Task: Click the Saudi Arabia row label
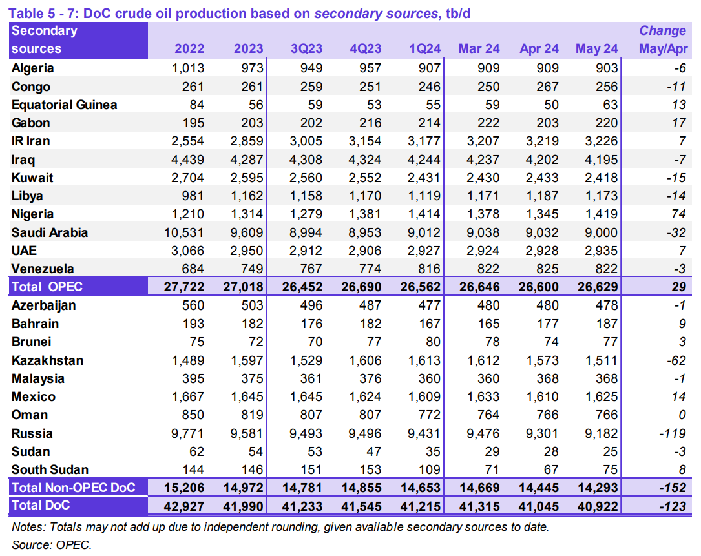50,232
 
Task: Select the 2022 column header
189,49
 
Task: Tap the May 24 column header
596,49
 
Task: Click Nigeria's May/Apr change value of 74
678,214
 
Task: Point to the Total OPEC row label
47,287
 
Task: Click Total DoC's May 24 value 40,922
596,506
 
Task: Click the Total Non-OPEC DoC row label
74,488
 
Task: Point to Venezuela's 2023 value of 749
250,269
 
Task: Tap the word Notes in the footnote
28,527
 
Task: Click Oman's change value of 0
682,415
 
